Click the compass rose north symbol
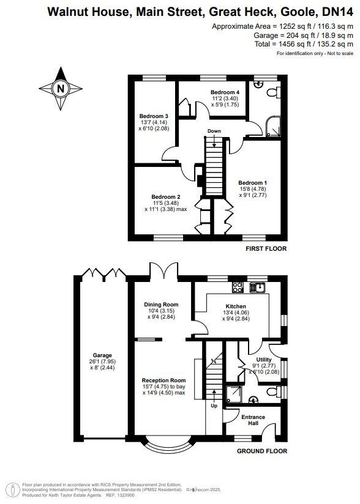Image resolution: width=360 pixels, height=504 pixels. [x=60, y=89]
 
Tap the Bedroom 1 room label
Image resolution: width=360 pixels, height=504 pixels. [x=252, y=183]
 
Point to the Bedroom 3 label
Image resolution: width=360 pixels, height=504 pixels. [x=153, y=116]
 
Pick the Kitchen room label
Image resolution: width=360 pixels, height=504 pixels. [x=236, y=306]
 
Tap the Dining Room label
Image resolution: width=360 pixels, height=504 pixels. [x=161, y=305]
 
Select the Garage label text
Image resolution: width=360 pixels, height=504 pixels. [x=102, y=355]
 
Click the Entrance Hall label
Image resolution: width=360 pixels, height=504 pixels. [x=253, y=421]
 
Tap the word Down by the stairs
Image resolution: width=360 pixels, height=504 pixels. [x=214, y=132]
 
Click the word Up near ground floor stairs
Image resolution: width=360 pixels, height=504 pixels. [x=213, y=406]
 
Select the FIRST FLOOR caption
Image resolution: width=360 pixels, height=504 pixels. [x=266, y=249]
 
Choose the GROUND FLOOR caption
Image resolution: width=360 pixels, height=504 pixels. [x=261, y=451]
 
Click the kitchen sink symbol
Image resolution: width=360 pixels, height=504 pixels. [x=261, y=286]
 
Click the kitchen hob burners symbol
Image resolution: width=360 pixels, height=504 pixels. [x=237, y=286]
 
